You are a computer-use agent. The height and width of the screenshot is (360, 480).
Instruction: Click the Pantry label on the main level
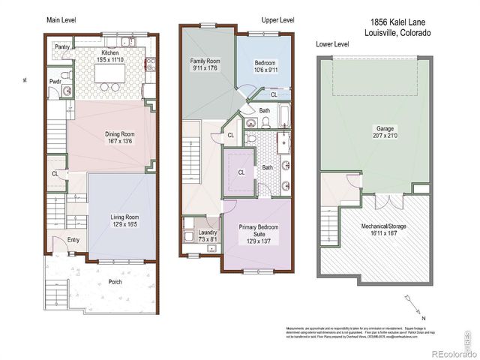(x=62, y=46)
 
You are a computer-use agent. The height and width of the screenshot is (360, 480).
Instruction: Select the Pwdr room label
(x=55, y=81)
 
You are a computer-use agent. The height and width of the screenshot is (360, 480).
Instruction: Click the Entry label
(x=73, y=240)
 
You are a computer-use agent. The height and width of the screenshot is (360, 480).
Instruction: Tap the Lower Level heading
(x=332, y=45)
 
